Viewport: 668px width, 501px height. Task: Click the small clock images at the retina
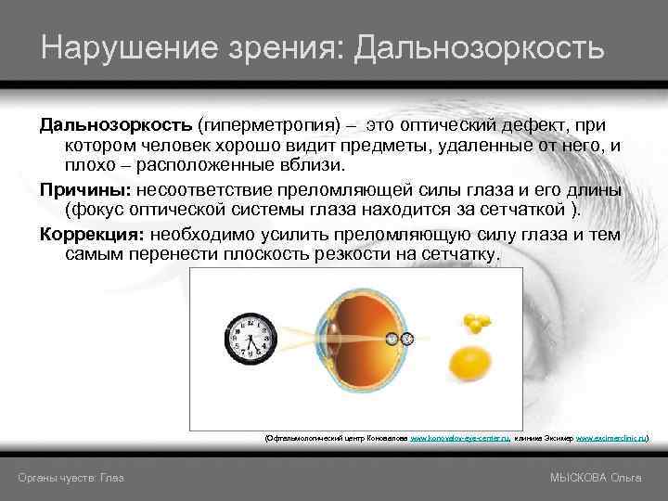pyautogui.click(x=399, y=340)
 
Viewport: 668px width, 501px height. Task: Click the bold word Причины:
pyautogui.click(x=85, y=189)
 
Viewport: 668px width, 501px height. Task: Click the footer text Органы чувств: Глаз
pyautogui.click(x=71, y=477)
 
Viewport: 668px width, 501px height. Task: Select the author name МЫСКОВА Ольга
pyautogui.click(x=595, y=477)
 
